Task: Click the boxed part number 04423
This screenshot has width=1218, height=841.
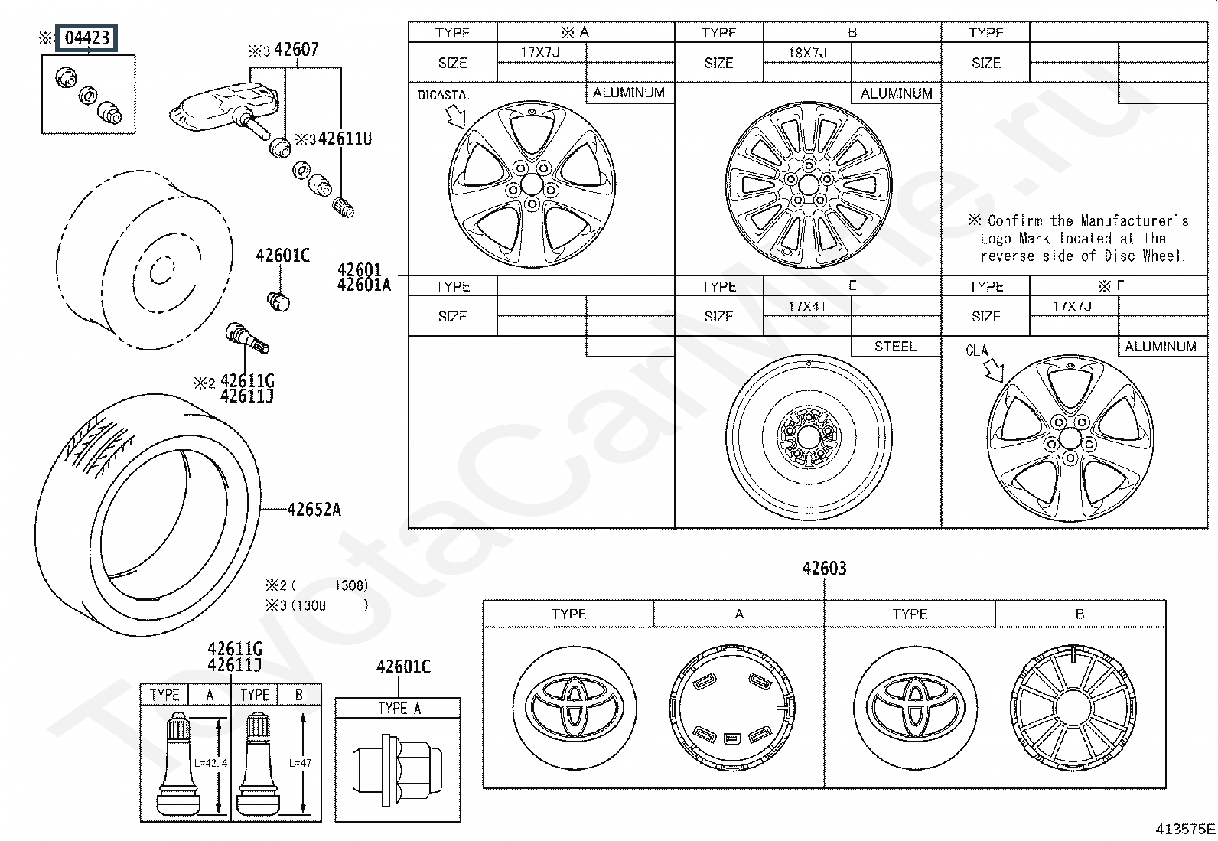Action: [x=86, y=38]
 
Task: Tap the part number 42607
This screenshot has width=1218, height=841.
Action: [x=296, y=50]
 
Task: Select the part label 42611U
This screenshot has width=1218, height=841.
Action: [x=345, y=139]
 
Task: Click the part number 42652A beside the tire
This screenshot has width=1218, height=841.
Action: [x=314, y=510]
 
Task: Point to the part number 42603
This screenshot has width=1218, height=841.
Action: [x=824, y=569]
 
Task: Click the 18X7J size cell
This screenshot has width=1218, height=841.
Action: [x=807, y=53]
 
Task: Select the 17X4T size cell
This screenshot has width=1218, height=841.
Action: [x=808, y=307]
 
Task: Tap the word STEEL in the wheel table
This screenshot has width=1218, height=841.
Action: [x=896, y=347]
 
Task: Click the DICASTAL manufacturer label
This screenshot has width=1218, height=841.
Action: [x=445, y=95]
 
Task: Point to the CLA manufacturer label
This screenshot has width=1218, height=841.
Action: [x=976, y=351]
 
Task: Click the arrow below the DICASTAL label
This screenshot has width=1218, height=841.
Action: [x=456, y=116]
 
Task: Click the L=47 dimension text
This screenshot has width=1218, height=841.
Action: [x=300, y=763]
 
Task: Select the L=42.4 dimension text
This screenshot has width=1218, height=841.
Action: [x=210, y=763]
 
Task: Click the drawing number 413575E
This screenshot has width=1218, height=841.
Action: [x=1185, y=829]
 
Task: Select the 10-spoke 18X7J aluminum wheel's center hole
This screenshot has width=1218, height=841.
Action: [x=809, y=185]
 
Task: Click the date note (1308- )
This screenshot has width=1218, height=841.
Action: [x=317, y=605]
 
